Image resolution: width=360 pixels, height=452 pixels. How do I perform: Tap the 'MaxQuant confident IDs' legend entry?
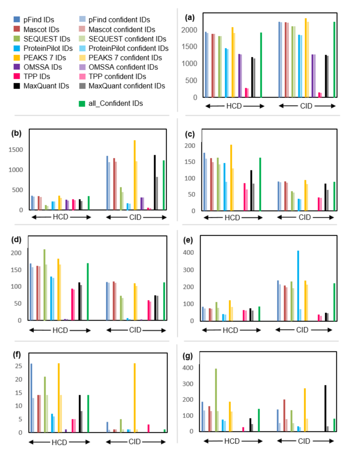click(127, 86)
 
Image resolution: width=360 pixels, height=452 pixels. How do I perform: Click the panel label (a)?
click(190, 17)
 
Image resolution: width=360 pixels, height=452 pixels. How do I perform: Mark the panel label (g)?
click(190, 357)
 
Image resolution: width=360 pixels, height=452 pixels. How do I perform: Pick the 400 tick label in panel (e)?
click(190, 253)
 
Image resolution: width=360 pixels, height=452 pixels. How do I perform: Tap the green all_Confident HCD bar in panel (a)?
click(261, 64)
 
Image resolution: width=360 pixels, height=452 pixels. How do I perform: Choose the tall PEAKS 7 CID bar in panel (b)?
click(134, 175)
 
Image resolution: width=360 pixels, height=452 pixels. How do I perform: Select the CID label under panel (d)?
click(135, 330)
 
